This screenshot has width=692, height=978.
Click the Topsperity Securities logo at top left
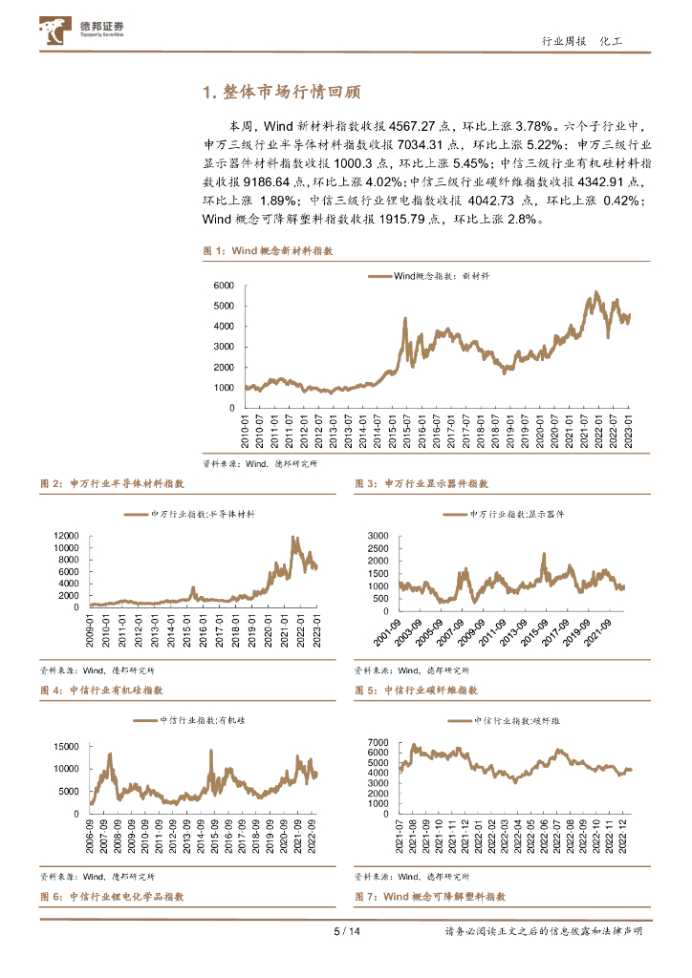tap(83, 32)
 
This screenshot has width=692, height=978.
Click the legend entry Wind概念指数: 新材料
tap(427, 275)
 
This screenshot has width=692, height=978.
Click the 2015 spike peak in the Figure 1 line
tap(404, 318)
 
